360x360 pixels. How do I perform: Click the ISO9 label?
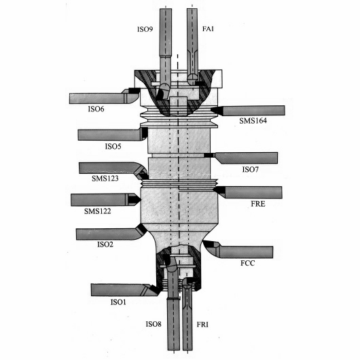145,29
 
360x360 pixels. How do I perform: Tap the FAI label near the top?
208,29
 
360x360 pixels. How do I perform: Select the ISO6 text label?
96,109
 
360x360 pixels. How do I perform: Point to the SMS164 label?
253,120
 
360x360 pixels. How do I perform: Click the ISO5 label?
113,146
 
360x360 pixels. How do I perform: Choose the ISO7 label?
250,169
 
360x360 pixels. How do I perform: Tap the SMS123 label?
105,178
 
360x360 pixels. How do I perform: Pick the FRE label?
258,204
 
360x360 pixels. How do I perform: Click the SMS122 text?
97,211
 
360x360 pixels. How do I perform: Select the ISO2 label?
105,245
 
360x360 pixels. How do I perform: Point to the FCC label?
248,263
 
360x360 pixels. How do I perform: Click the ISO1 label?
118,302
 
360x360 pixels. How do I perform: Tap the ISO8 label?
154,324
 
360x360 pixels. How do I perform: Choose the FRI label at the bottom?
202,325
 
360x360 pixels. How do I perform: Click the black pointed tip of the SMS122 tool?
134,198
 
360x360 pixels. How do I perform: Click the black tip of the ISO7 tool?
209,155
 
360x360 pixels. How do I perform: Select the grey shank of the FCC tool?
246,252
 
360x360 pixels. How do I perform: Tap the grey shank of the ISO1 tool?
117,290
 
